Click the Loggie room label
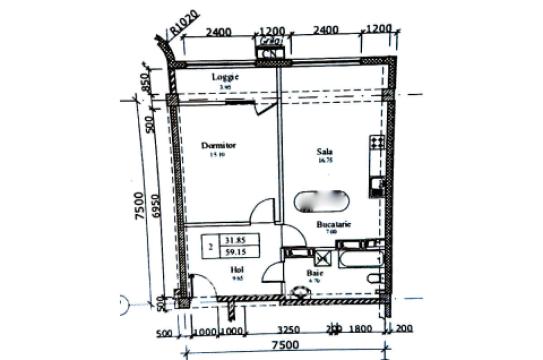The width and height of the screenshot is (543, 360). coord(222,76)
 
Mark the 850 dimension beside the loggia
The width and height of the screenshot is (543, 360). coord(148,80)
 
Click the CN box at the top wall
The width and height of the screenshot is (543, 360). coord(268,42)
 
